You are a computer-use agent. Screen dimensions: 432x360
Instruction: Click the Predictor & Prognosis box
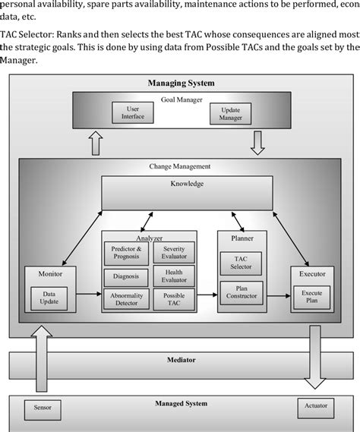tap(126, 252)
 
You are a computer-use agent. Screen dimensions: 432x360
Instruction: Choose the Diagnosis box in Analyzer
tap(126, 276)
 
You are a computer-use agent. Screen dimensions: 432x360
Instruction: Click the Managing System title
tap(180, 82)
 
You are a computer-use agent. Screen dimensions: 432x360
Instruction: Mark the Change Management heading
tap(180, 166)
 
